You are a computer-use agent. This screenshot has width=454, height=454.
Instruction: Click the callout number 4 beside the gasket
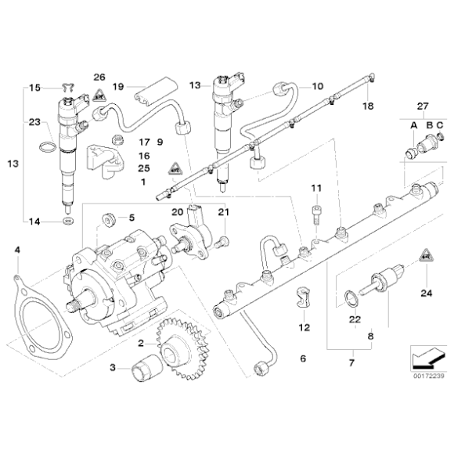click(x=17, y=250)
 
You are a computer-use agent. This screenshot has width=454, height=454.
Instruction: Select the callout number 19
click(x=118, y=87)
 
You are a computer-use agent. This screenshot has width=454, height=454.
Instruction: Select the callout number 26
click(x=99, y=77)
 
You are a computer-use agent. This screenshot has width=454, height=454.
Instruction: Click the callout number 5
click(x=132, y=217)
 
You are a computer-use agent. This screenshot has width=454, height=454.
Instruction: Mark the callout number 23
click(x=34, y=122)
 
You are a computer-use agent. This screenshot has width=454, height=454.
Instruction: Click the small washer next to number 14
click(x=68, y=222)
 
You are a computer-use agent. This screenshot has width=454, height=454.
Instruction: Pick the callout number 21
click(x=222, y=212)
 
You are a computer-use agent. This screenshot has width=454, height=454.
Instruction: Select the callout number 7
click(x=351, y=364)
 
